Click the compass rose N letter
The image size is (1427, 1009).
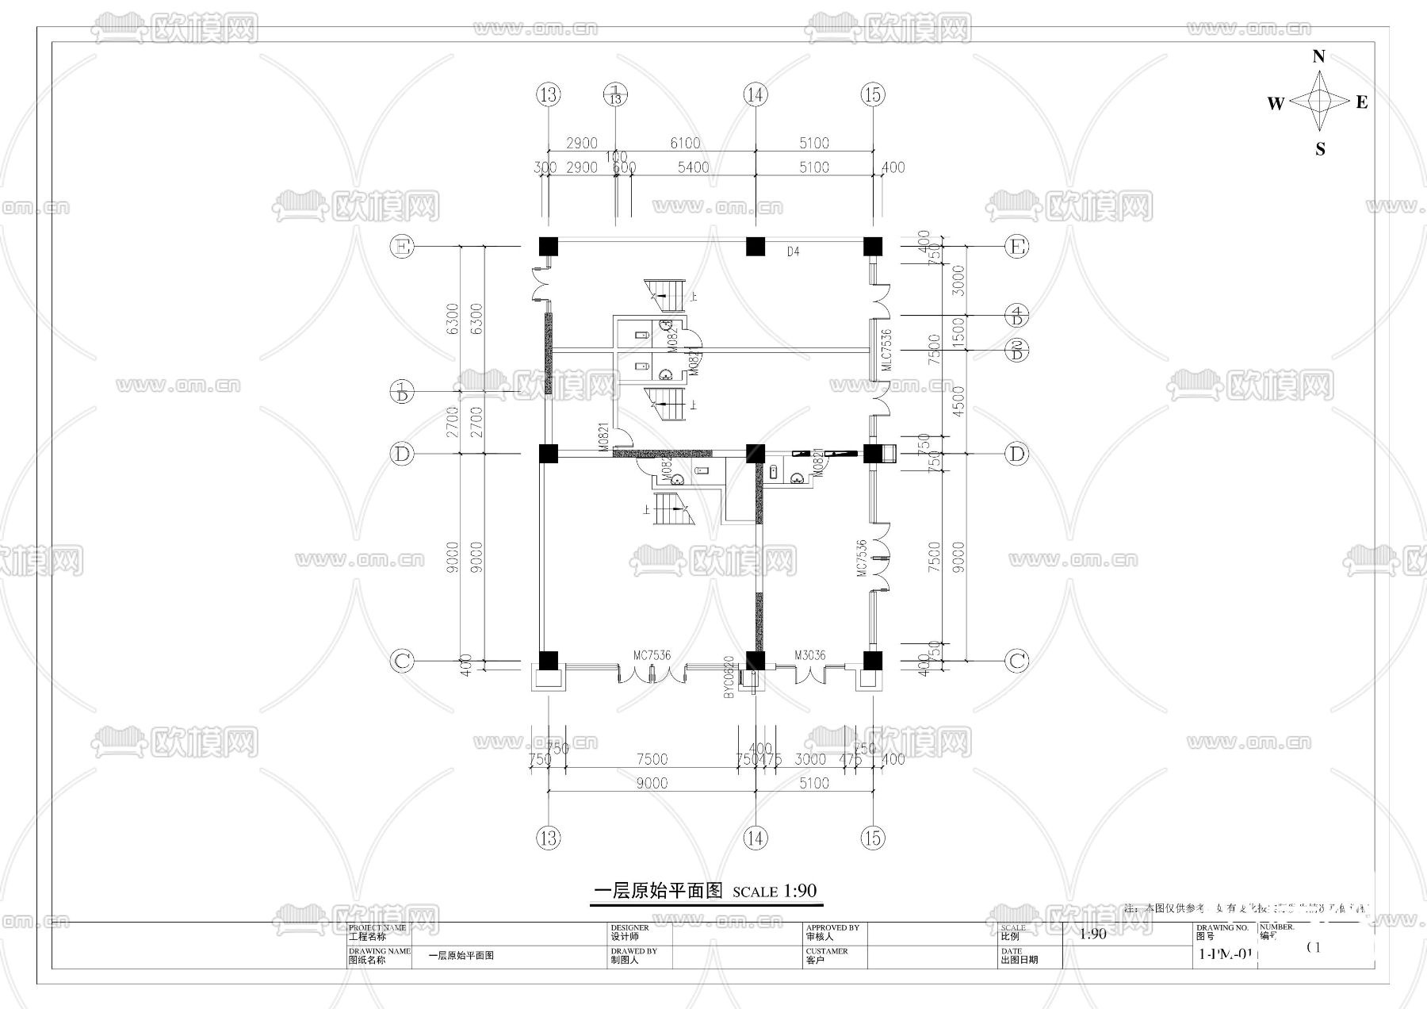1318,56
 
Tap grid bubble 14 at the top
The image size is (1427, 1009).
756,95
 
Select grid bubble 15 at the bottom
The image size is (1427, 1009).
872,838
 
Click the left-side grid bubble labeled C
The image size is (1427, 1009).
403,661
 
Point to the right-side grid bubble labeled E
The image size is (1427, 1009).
1017,247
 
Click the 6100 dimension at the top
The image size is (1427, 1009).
685,143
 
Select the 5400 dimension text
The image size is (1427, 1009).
693,167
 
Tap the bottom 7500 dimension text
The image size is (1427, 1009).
652,759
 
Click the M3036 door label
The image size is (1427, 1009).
809,655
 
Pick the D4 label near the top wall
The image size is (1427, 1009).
793,251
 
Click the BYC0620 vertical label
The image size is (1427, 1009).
728,677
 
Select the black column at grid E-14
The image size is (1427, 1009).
756,247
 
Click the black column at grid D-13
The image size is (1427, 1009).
548,454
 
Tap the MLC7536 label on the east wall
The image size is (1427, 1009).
886,350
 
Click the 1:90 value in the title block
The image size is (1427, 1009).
1092,934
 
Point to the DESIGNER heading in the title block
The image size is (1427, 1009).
629,927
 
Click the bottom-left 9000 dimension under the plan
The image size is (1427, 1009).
652,783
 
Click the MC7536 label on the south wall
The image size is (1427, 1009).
652,655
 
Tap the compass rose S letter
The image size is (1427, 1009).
1320,149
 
